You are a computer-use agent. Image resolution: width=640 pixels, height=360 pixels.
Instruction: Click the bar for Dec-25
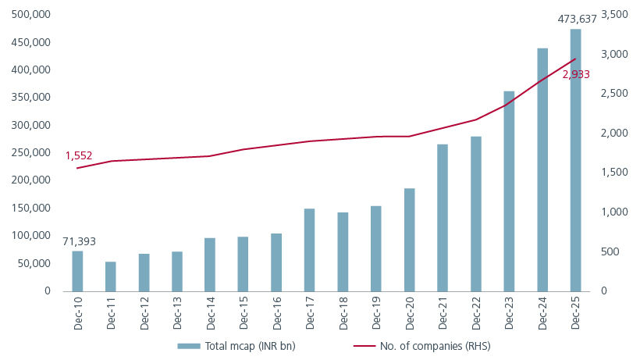tap(575, 160)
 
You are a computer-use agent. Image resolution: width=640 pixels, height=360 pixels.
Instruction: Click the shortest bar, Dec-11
tap(111, 276)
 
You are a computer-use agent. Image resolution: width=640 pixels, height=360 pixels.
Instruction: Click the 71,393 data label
tap(79, 241)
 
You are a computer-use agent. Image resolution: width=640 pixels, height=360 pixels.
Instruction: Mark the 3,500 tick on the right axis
tap(616, 15)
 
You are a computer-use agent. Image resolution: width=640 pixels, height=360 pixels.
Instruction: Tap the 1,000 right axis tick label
tap(616, 212)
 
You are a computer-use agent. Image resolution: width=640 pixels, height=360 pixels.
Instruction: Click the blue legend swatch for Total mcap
tap(189, 346)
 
